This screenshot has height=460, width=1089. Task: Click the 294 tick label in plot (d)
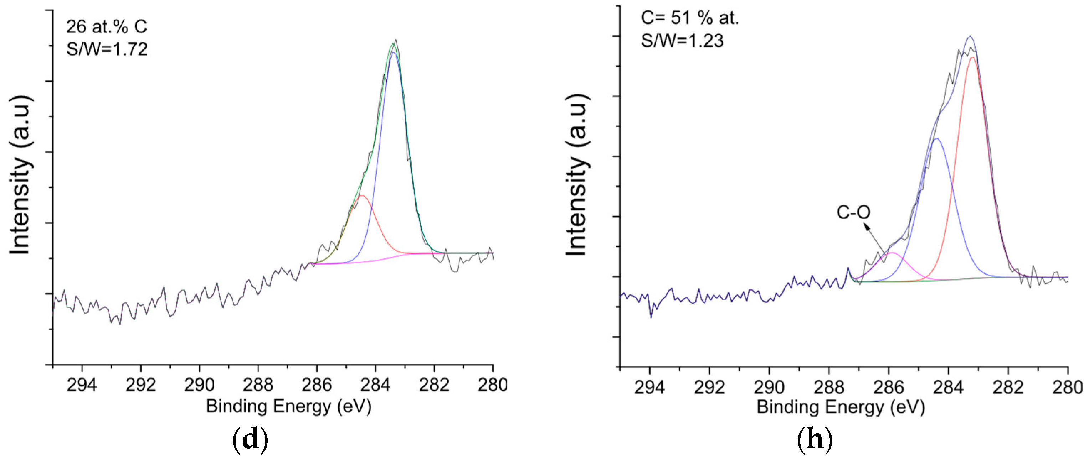[82, 385]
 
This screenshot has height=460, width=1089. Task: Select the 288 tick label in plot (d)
[258, 385]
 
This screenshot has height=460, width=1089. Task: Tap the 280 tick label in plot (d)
[493, 385]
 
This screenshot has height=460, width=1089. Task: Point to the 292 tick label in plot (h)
[709, 387]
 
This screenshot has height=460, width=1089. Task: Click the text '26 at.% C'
[107, 27]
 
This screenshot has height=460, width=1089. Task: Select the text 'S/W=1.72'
[107, 49]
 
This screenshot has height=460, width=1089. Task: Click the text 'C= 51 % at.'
[690, 18]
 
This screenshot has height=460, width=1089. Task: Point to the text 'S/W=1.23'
[682, 41]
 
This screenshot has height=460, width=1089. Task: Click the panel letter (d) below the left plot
[250, 440]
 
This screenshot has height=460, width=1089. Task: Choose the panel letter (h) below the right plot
[815, 440]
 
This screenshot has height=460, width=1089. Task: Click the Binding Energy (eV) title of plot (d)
[289, 406]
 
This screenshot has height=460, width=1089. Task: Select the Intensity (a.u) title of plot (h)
[577, 175]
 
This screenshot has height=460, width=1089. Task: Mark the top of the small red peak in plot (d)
[362, 195]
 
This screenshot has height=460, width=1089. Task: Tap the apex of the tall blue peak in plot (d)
[394, 52]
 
